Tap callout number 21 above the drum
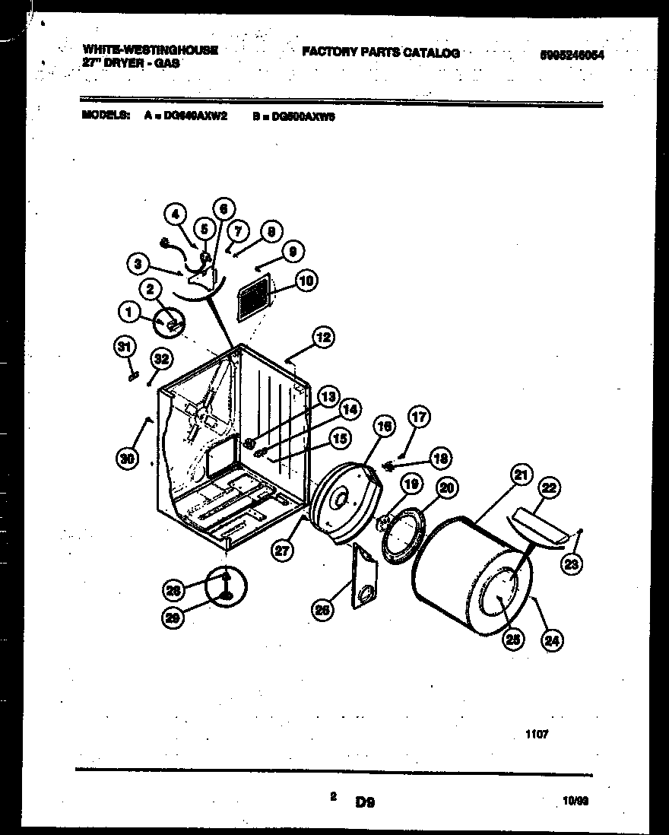click(520, 477)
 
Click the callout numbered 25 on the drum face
click(513, 640)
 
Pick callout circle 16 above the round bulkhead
click(384, 427)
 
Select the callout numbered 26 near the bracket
click(323, 608)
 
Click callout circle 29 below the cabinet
click(174, 619)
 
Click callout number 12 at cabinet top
click(323, 337)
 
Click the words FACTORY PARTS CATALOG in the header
click(380, 52)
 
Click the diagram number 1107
click(536, 735)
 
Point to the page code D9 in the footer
click(365, 801)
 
